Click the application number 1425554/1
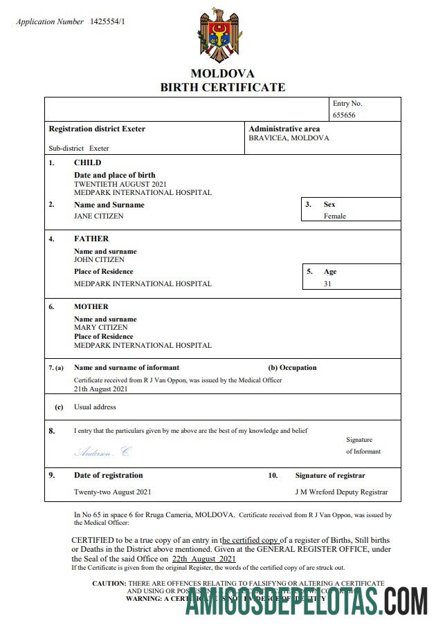tap(107, 21)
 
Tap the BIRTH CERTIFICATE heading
tap(222, 87)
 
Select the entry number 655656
tap(344, 115)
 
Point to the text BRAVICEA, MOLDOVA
tap(289, 138)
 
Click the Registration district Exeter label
tap(97, 129)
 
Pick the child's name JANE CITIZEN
tap(99, 216)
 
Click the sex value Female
tap(334, 216)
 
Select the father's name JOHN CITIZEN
tap(99, 259)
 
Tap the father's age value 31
tap(327, 284)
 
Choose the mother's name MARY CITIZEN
tap(100, 327)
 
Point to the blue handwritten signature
tap(102, 452)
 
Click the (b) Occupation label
tap(292, 367)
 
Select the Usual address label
tap(95, 407)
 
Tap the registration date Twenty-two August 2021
tap(112, 492)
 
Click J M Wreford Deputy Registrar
tap(341, 492)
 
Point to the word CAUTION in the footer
tap(109, 583)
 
